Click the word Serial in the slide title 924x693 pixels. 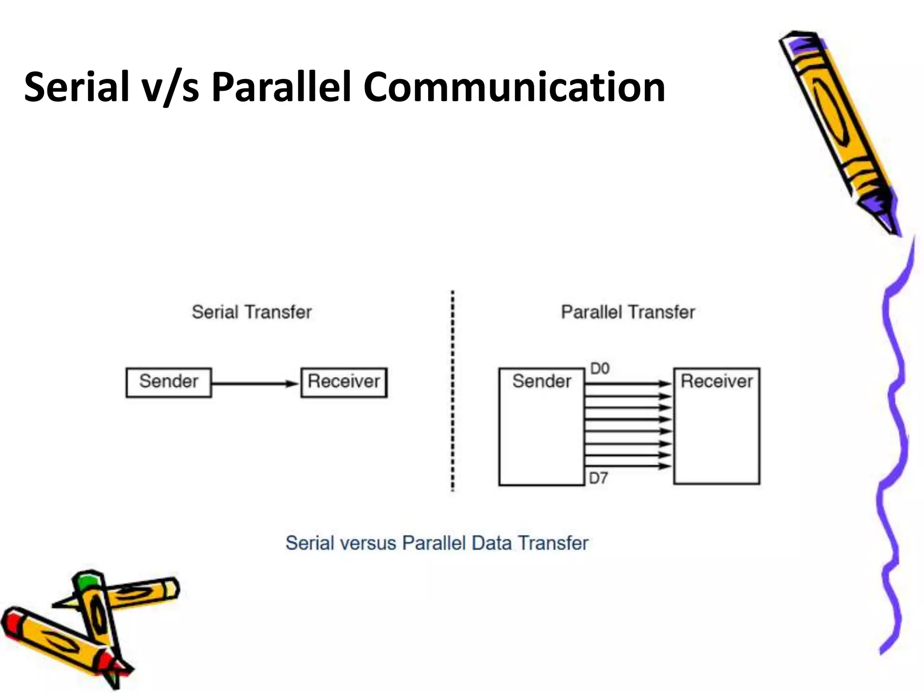76,87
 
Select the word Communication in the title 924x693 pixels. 514,87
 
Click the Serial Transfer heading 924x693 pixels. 252,312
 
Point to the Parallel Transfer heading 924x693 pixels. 628,312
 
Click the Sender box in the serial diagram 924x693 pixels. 169,383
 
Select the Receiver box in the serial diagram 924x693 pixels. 344,383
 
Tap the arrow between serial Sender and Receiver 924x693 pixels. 255,384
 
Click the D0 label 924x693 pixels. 600,369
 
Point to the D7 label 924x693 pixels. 599,478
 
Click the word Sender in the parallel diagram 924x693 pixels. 541,382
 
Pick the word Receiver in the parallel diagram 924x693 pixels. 716,382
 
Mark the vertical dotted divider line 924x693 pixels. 453,390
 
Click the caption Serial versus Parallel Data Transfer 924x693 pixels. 437,543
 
